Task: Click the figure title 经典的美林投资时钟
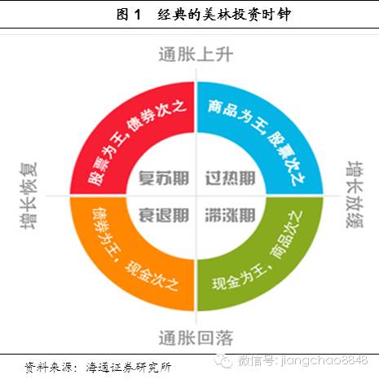pos(224,15)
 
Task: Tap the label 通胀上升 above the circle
pos(196,55)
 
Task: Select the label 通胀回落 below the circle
pos(196,338)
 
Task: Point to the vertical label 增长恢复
pos(29,196)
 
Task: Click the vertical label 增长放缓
pos(355,195)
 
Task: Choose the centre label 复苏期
pos(164,178)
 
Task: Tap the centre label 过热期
pos(231,178)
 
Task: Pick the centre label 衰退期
pos(164,215)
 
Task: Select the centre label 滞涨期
pos(231,215)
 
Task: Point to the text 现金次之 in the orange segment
pos(152,276)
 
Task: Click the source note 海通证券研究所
pos(129,368)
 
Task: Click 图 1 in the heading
pos(129,15)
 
